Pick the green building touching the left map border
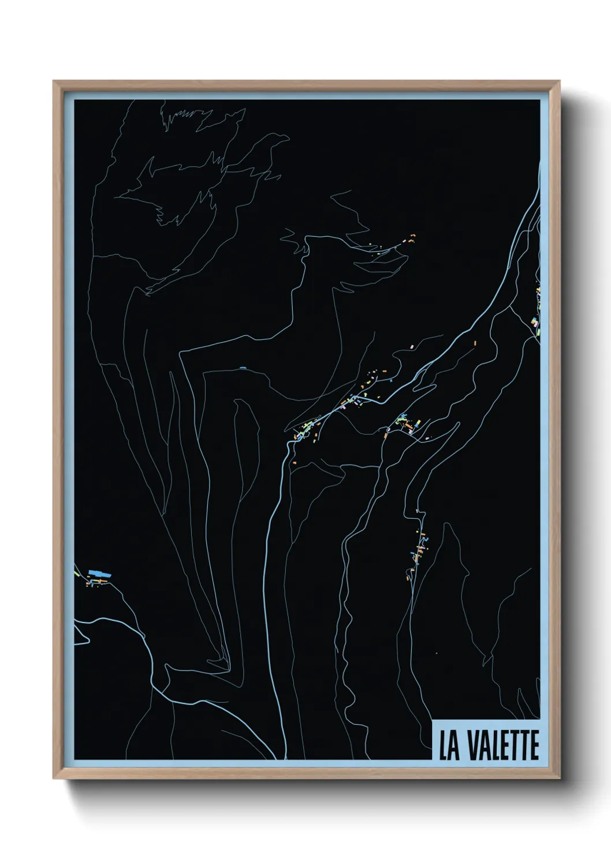[76, 574]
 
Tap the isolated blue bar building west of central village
[242, 367]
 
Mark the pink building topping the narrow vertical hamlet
[416, 511]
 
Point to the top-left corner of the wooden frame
[53, 81]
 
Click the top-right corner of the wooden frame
[560, 81]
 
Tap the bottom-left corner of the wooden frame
[53, 779]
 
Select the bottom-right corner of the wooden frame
[560, 779]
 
